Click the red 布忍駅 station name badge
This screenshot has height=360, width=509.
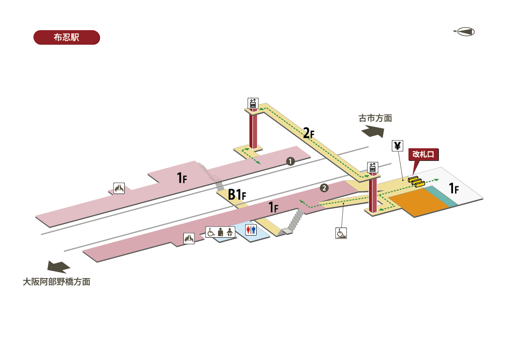point(67,37)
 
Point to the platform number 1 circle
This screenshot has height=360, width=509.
point(290,161)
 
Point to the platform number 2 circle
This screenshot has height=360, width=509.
point(324,187)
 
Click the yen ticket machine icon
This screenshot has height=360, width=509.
point(397,146)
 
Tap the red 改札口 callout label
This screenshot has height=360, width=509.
point(423,154)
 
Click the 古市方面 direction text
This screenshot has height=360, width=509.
point(375,118)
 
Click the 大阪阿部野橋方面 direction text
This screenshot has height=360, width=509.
point(56,281)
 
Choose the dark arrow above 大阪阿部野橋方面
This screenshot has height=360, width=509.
point(59,267)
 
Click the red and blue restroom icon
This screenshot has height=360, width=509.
point(251,230)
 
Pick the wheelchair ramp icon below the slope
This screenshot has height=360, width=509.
point(341,233)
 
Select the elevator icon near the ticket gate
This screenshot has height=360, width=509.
point(372,167)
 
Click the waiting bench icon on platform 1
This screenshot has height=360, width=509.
point(119,188)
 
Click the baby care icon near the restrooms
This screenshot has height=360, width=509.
point(230,232)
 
